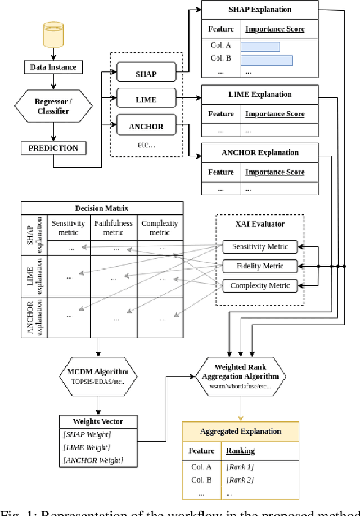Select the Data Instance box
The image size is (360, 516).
(x=53, y=68)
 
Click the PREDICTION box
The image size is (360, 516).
(x=53, y=149)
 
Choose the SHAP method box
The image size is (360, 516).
(x=146, y=74)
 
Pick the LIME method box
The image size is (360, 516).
(x=146, y=100)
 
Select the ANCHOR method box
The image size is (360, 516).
(x=146, y=127)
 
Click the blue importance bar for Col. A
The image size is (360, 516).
(x=260, y=47)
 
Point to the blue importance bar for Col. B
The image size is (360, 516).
(x=267, y=60)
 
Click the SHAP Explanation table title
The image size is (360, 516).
(x=260, y=10)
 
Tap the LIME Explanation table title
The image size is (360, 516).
(x=260, y=95)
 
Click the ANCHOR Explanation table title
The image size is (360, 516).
(x=260, y=152)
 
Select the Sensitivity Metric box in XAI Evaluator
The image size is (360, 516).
(x=259, y=246)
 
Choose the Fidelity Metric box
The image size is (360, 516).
(x=259, y=266)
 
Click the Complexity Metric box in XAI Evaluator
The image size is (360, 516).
(x=259, y=285)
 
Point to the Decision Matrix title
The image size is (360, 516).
(x=102, y=208)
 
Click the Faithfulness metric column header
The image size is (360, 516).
(x=114, y=227)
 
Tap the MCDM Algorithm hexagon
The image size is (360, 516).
(x=98, y=376)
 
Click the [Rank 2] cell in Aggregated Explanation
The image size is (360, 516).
(x=240, y=479)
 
